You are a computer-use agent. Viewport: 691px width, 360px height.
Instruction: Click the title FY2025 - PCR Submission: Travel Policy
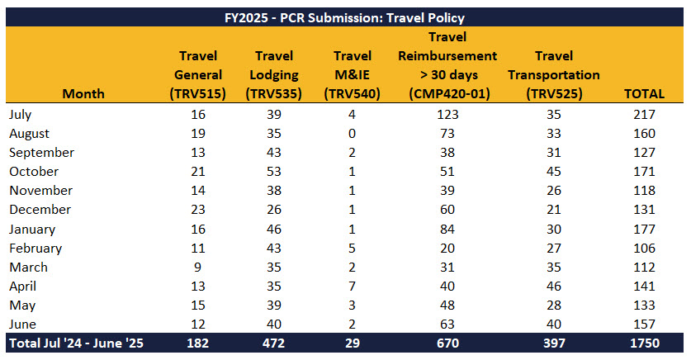345,17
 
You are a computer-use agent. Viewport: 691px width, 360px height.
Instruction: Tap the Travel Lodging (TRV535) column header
275,75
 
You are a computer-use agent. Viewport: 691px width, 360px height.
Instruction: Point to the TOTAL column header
641,93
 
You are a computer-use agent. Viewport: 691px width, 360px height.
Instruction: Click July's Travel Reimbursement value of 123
447,115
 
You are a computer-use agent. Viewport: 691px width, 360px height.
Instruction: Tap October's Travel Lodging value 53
275,172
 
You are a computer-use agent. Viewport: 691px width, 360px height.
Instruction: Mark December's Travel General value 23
198,210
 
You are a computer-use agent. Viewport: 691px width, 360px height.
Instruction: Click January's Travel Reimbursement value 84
447,229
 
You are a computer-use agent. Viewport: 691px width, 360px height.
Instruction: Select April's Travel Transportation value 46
554,286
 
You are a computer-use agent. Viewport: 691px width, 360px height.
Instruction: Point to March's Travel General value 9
198,267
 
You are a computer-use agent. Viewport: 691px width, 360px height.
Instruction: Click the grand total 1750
641,342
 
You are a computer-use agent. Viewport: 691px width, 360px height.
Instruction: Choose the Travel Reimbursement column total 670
447,342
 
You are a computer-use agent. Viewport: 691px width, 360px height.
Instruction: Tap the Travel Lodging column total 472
275,342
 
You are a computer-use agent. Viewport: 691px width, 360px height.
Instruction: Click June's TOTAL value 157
641,324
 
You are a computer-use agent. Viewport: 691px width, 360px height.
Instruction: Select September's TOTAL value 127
641,153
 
